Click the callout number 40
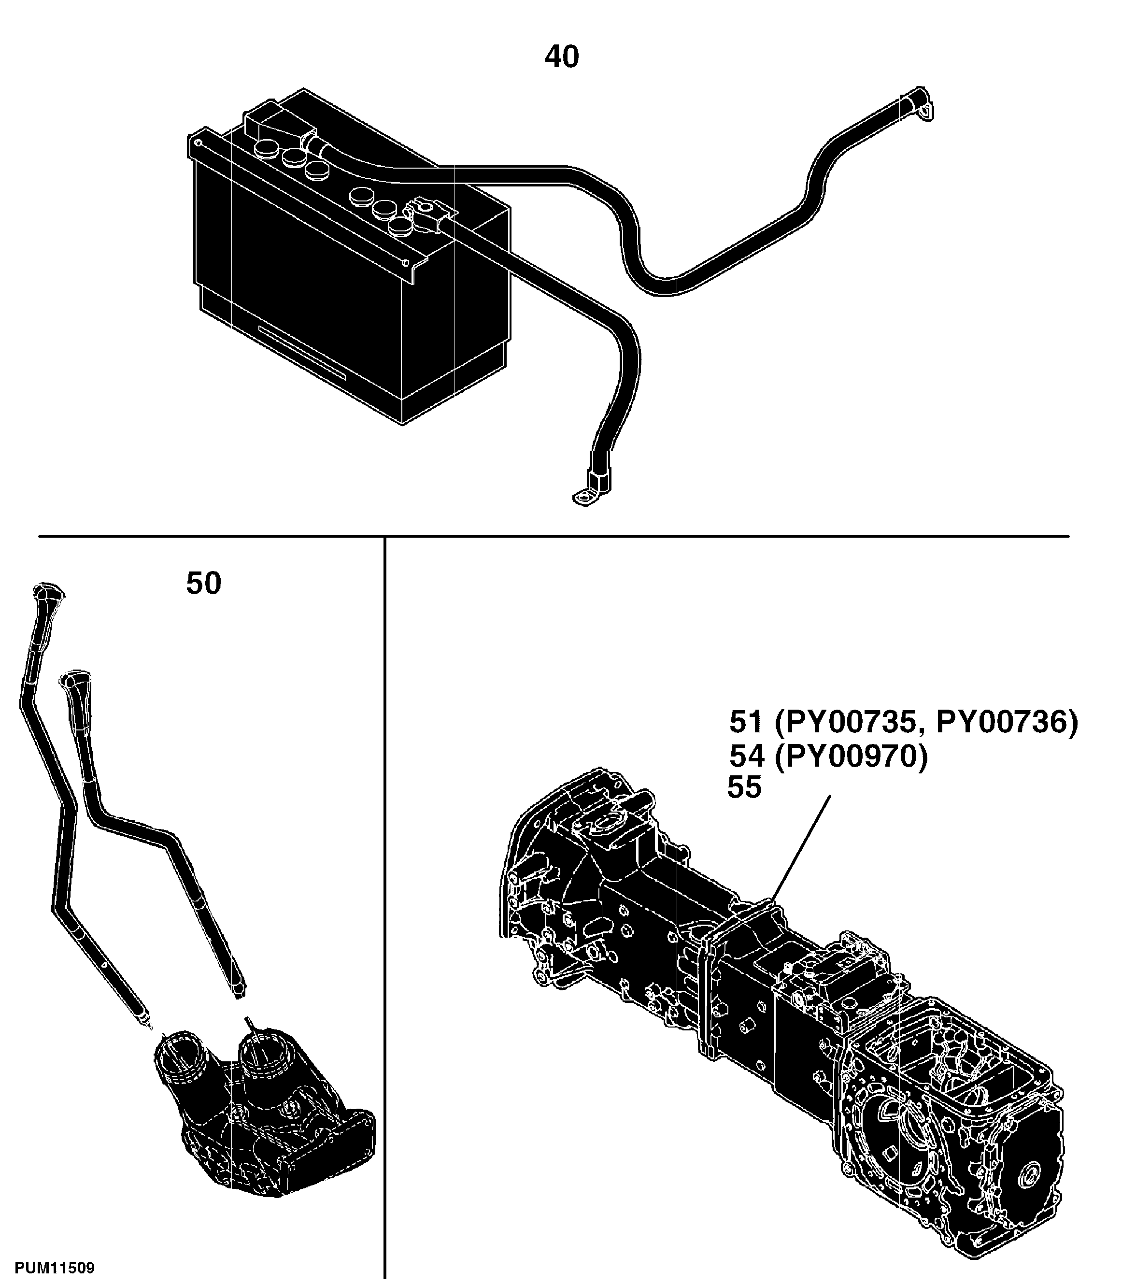point(561,57)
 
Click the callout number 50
point(204,584)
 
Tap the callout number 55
point(744,787)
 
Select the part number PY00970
point(851,757)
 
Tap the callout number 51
point(746,722)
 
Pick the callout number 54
point(746,757)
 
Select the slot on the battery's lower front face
point(302,353)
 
